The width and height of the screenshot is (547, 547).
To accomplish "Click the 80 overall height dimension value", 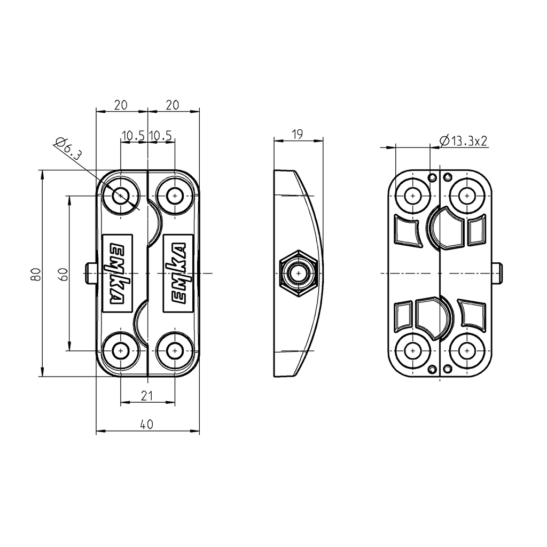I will tap(35, 274).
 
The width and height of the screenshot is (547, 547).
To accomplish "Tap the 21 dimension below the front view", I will tap(147, 395).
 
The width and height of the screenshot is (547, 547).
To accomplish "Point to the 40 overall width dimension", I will tap(147, 425).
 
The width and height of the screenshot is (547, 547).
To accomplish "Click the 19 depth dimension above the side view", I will tap(298, 134).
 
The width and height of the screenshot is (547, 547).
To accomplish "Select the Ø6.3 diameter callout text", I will tap(68, 150).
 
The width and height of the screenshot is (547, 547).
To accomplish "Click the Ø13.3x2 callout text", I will tap(463, 140).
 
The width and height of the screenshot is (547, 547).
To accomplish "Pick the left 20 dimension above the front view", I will tap(121, 105).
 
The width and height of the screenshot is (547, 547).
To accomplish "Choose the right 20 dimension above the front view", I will tap(172, 105).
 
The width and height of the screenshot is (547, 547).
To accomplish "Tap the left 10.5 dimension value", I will tap(133, 136).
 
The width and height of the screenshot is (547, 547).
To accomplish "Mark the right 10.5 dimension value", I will tap(161, 136).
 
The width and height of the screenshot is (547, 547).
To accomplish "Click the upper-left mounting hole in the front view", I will tap(122, 196).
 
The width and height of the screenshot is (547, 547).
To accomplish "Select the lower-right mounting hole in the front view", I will tap(174, 351).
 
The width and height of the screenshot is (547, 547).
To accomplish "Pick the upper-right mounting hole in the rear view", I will tap(467, 196).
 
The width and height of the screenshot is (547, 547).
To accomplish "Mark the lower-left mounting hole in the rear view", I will tap(412, 351).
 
